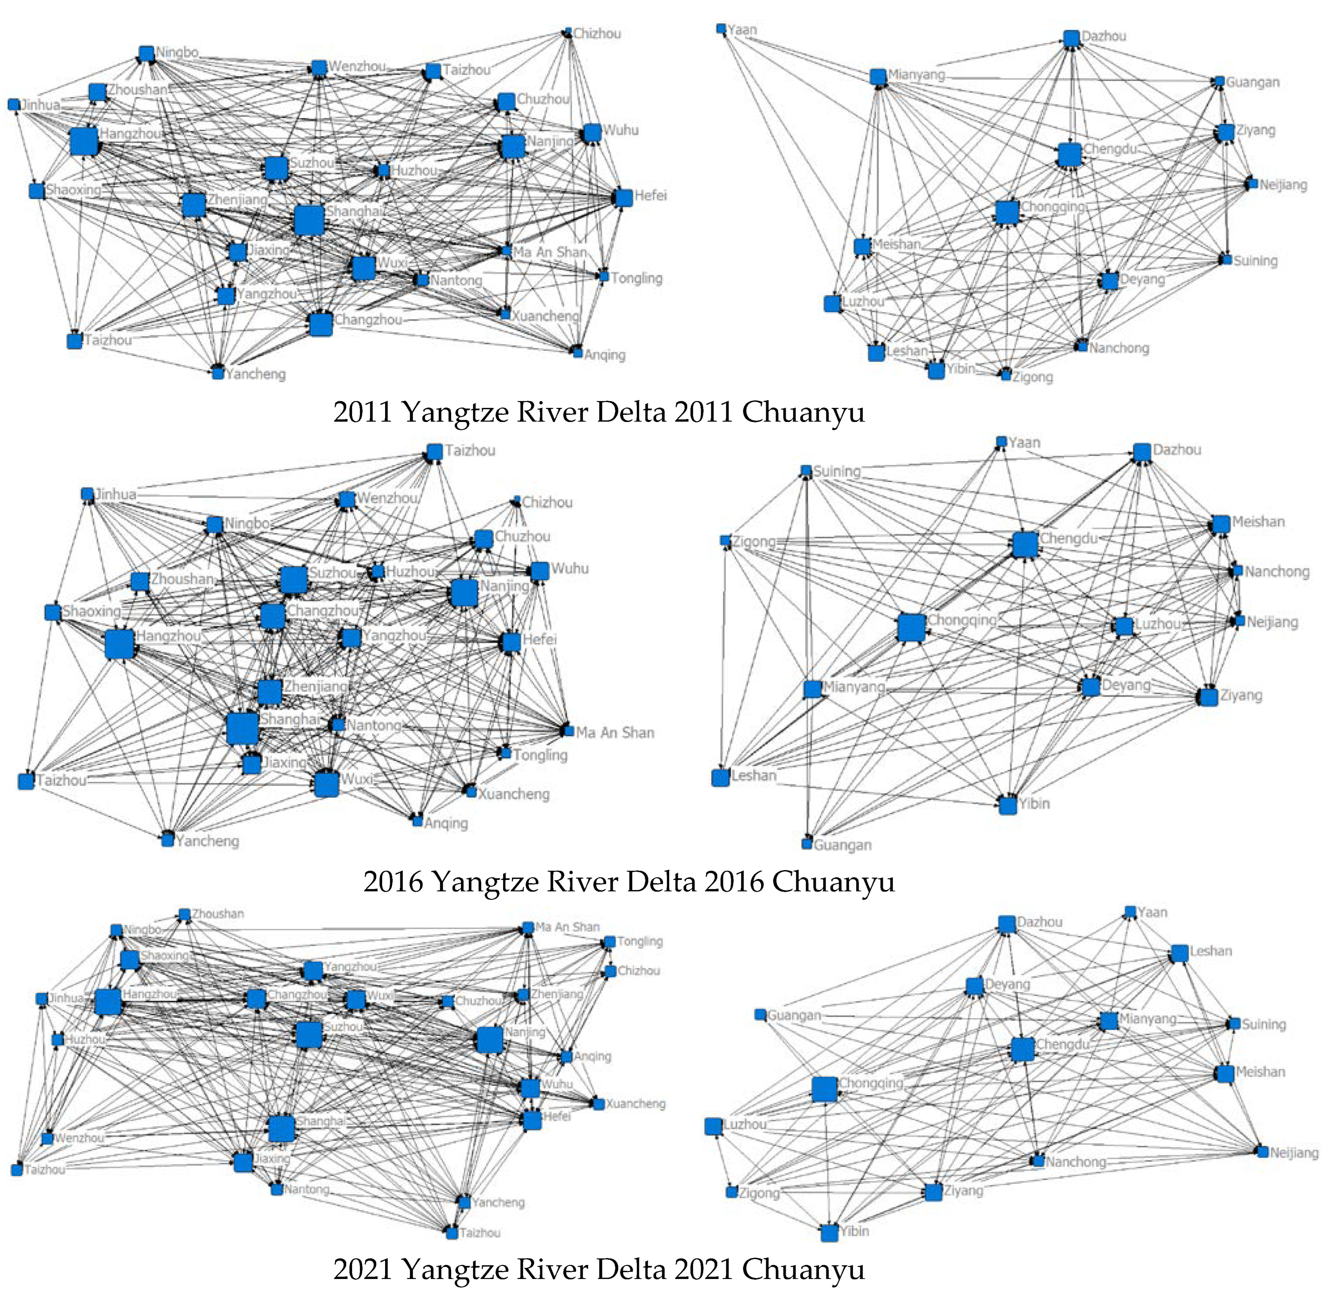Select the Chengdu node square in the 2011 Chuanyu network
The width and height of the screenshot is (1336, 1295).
pyautogui.click(x=1069, y=155)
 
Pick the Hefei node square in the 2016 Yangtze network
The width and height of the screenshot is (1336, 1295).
pyautogui.click(x=511, y=642)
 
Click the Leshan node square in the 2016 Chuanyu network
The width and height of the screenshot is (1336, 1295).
pyautogui.click(x=720, y=777)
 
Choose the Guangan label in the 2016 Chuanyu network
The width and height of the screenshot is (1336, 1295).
pyautogui.click(x=842, y=845)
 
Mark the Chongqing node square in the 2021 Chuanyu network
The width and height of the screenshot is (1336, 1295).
pyautogui.click(x=824, y=1089)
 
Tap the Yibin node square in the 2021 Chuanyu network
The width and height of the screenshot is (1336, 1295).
pyautogui.click(x=829, y=1232)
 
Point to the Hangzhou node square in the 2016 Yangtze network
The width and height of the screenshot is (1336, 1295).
pyautogui.click(x=119, y=644)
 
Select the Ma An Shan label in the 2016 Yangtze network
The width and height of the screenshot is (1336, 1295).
pyautogui.click(x=615, y=733)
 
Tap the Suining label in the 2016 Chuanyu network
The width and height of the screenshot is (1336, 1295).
pyautogui.click(x=837, y=471)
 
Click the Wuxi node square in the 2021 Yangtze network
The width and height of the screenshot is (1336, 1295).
pyautogui.click(x=355, y=1000)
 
